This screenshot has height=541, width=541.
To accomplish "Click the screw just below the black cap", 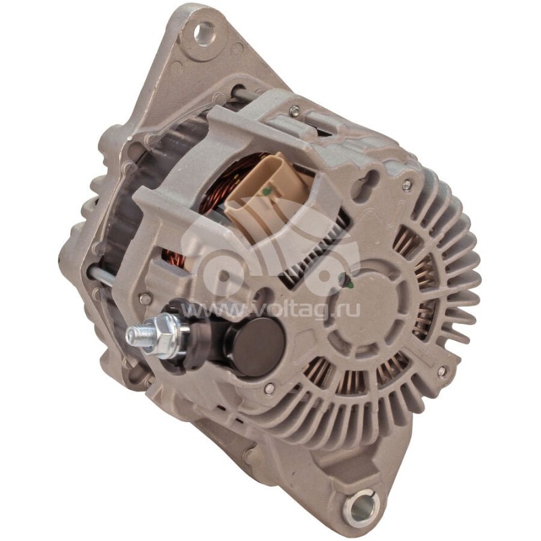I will [x=269, y=388].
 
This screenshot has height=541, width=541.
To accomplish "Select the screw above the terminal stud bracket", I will [x=144, y=298].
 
